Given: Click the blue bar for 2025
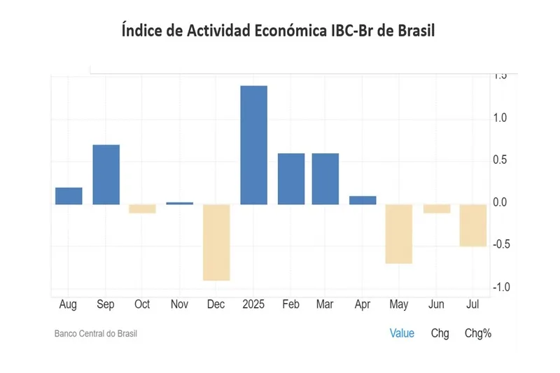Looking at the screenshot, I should (253, 145).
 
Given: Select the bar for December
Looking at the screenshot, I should (216, 242).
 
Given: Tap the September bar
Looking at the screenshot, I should (106, 174).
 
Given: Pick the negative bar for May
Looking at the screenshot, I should (399, 234).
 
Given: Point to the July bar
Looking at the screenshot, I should (473, 225).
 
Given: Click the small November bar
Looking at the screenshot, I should (179, 203).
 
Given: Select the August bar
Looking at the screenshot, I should (69, 196).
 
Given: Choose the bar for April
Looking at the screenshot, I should (362, 200).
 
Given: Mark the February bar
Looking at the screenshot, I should (291, 178).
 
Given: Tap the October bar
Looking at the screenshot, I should (142, 209).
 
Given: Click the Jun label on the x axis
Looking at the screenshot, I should (436, 304).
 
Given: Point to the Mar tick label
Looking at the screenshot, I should (324, 304).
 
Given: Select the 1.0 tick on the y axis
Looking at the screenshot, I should (499, 118).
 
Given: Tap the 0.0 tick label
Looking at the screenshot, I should (499, 202).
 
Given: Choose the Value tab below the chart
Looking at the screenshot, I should (402, 333).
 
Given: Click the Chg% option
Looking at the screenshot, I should (478, 333).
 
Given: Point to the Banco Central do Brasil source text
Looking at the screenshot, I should (96, 334).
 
